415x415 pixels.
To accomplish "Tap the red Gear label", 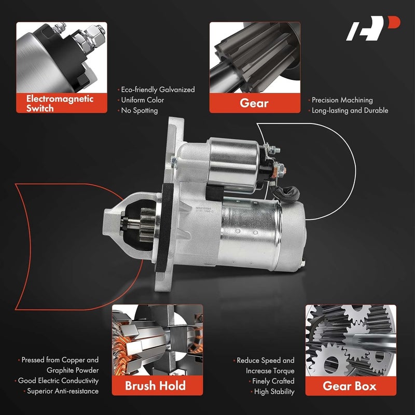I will click(254, 103).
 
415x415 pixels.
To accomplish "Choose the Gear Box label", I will click(350, 385).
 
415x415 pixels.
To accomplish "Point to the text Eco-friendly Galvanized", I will click(157, 90).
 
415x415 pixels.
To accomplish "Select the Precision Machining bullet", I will click(341, 100).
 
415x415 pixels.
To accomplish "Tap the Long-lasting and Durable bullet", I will click(349, 110).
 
